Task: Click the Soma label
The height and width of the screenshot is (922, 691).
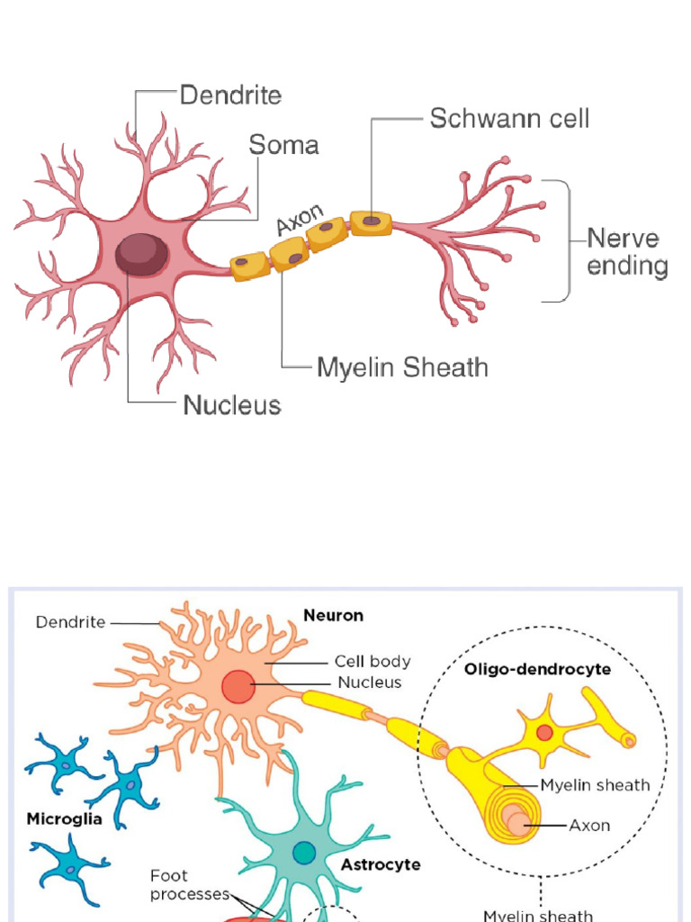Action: (283, 145)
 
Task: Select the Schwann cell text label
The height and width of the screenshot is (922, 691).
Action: (509, 119)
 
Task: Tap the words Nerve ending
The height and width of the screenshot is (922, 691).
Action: (626, 253)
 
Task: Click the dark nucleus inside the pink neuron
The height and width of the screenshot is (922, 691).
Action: (140, 255)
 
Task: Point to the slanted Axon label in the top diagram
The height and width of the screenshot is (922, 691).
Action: (299, 219)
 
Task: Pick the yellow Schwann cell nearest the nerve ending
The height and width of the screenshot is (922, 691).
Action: (371, 223)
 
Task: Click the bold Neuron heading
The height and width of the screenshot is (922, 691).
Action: (333, 616)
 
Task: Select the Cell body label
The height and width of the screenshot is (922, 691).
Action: (372, 661)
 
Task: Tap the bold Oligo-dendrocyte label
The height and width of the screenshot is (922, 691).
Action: (526, 669)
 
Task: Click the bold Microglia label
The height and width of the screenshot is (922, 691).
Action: (63, 819)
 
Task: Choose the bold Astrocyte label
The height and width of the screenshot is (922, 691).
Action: (381, 864)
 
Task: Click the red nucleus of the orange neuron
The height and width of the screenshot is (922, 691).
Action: (238, 686)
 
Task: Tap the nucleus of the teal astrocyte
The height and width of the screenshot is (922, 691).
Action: (304, 851)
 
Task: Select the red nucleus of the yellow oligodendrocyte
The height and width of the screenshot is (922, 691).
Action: (544, 732)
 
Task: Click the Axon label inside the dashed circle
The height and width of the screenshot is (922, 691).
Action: (589, 824)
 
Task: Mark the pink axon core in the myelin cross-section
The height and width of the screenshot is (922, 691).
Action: (515, 822)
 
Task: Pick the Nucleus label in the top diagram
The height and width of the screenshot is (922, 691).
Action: (232, 405)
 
